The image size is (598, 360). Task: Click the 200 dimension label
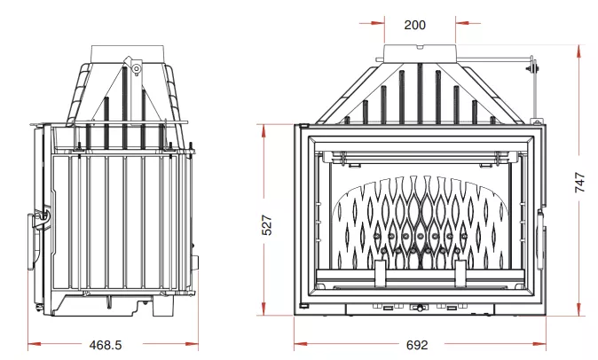coord(414,25)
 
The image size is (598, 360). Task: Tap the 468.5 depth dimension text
coord(106,345)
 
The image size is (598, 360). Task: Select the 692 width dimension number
coord(417,345)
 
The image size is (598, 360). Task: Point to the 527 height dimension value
coord(267,224)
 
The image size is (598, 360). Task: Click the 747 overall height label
coord(580,182)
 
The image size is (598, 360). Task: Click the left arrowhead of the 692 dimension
coord(301,344)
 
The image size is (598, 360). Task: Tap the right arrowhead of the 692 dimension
coord(539,344)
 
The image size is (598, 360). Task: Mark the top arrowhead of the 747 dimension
coord(579,51)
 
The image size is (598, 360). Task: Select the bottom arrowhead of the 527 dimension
coord(264,309)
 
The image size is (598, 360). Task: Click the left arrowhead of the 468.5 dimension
coord(35,344)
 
